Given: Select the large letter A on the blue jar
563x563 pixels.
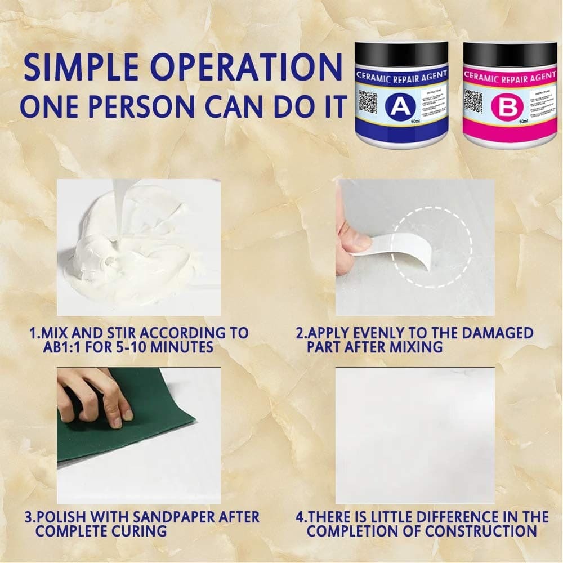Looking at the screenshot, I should click(400, 106).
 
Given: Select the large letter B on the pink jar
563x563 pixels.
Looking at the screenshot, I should click(508, 107).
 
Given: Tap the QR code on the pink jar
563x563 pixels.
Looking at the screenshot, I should click(474, 102).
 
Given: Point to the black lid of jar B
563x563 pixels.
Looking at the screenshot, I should click(510, 54).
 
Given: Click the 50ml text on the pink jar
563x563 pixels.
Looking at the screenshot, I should click(524, 121).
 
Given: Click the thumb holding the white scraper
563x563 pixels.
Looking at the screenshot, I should click(352, 243).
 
